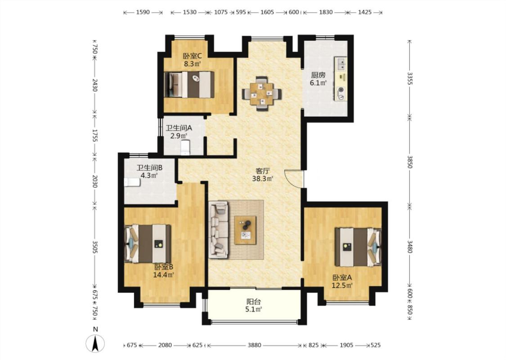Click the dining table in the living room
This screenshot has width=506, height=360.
262,94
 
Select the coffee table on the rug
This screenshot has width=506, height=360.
245,230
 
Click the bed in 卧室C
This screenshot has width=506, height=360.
189,85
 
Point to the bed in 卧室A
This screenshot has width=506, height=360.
358,247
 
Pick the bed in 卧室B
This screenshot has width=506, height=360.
148,244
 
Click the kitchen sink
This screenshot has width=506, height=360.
341,63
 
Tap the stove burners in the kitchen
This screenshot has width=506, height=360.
341,93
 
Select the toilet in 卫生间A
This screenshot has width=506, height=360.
186,148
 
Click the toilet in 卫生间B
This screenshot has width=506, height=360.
132,182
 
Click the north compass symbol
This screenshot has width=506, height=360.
95,343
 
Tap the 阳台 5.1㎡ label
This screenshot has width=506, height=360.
254,306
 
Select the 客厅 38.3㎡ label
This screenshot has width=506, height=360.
263,174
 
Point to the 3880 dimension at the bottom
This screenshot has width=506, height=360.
254,345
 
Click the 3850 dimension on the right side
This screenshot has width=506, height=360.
409,162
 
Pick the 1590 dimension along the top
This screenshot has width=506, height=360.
143,12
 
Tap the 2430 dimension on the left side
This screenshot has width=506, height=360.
94,85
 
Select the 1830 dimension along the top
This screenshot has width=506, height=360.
326,12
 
